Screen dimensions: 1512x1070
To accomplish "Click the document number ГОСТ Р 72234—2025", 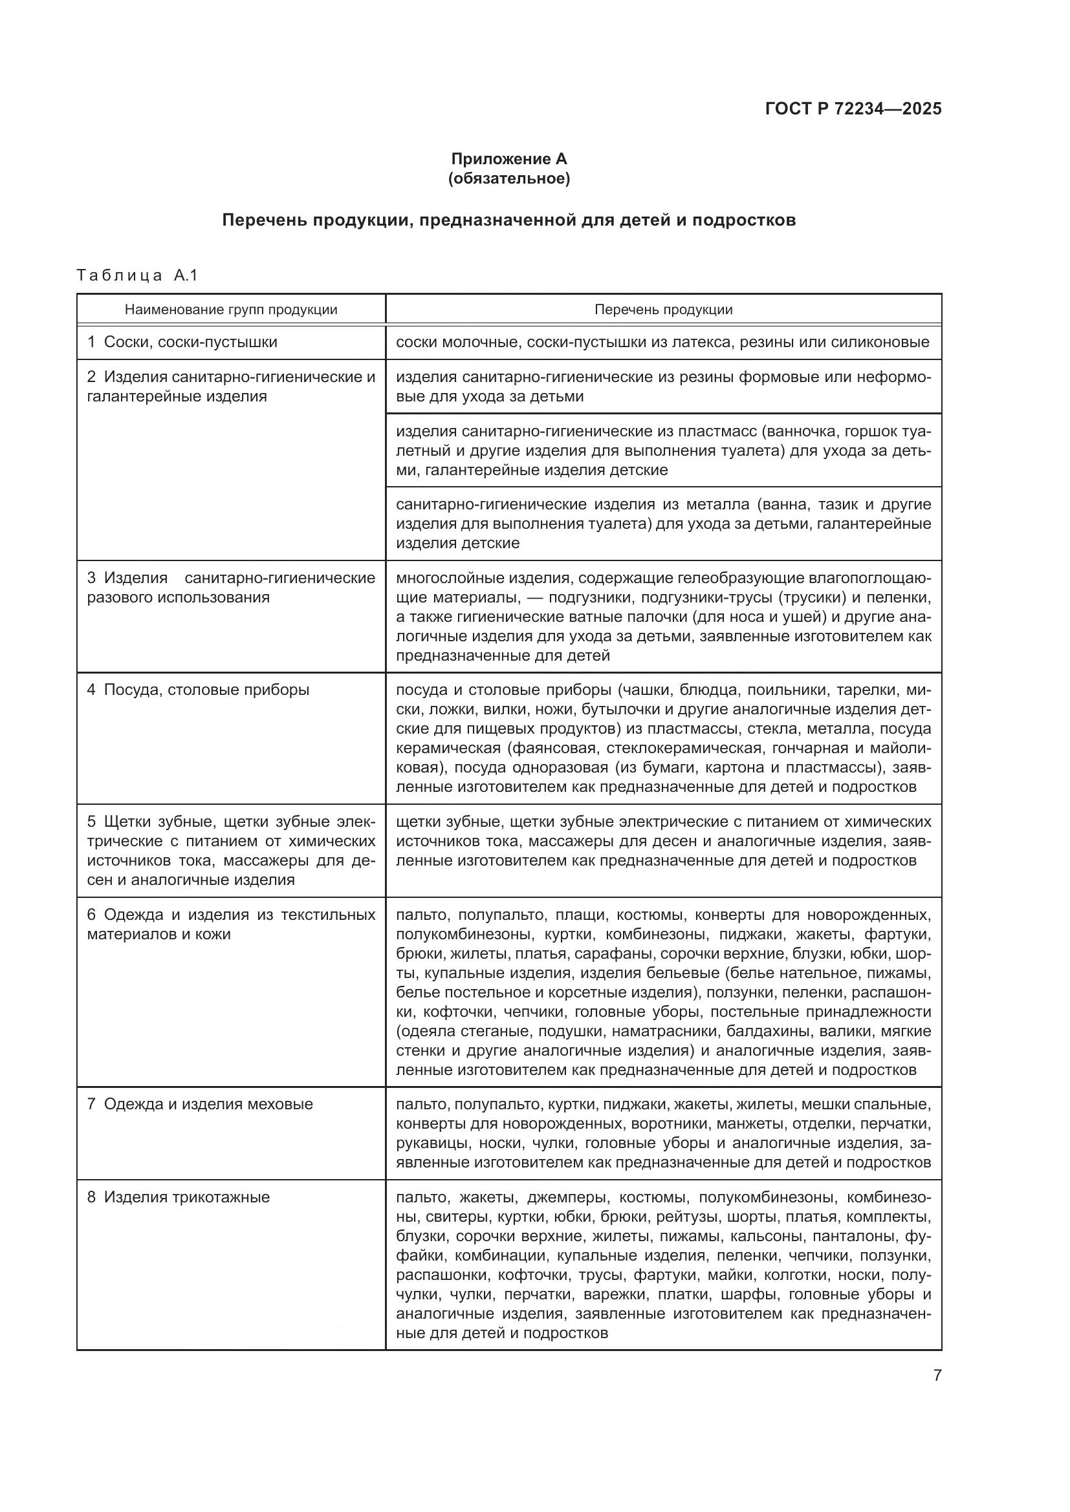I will [853, 109].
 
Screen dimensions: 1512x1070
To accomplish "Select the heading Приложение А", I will [508, 159].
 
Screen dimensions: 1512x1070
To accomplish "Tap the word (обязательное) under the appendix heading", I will [508, 178].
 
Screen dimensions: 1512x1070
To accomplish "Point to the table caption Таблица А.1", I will [137, 275].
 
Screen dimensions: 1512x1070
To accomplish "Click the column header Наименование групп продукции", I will [230, 310].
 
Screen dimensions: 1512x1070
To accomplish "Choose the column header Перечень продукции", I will [663, 310].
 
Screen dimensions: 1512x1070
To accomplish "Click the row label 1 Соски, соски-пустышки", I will [182, 343].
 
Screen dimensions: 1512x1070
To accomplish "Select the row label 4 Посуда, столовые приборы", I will [199, 690].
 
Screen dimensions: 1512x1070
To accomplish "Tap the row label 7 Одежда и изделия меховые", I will [201, 1104].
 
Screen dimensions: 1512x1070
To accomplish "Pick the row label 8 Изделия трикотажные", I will [179, 1197].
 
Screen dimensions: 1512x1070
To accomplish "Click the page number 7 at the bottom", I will [937, 1376].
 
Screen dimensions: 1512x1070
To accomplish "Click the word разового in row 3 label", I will [120, 598].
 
